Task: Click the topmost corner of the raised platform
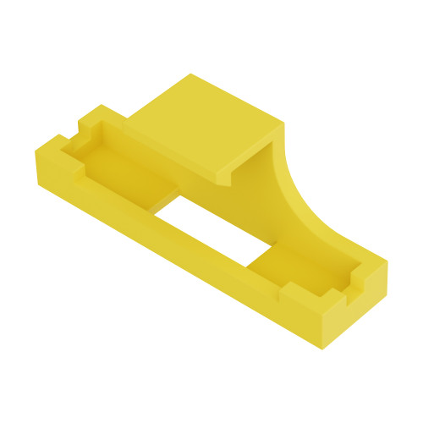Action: point(190,75)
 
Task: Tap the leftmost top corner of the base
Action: point(36,151)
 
